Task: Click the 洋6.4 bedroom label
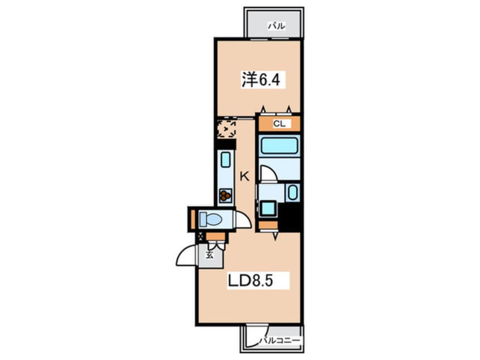260,79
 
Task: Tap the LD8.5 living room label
250,281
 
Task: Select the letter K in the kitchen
245,176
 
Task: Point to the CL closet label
279,124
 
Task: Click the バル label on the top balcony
277,26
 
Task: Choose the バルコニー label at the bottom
280,340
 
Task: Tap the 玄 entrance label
209,254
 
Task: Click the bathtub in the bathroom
279,145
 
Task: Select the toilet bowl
210,219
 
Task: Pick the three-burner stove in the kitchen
225,195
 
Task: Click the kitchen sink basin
226,160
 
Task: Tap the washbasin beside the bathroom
293,192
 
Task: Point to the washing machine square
268,208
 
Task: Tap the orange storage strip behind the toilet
193,219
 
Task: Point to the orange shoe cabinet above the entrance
215,237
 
